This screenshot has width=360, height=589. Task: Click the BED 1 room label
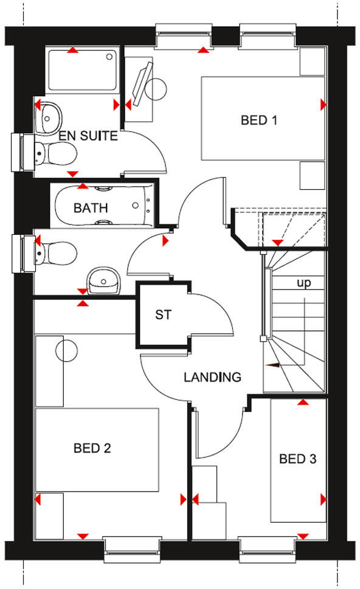pos(259,120)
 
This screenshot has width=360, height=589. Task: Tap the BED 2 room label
pos(92,448)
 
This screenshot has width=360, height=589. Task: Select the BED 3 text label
pos(297,459)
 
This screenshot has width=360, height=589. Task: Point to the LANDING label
pos(212,377)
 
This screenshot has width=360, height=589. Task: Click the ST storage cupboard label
pos(163,315)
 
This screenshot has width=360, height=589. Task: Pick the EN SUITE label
pos(88,136)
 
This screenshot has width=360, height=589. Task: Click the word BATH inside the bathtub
pos(91,208)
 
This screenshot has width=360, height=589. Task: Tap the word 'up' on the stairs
pos(304,283)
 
